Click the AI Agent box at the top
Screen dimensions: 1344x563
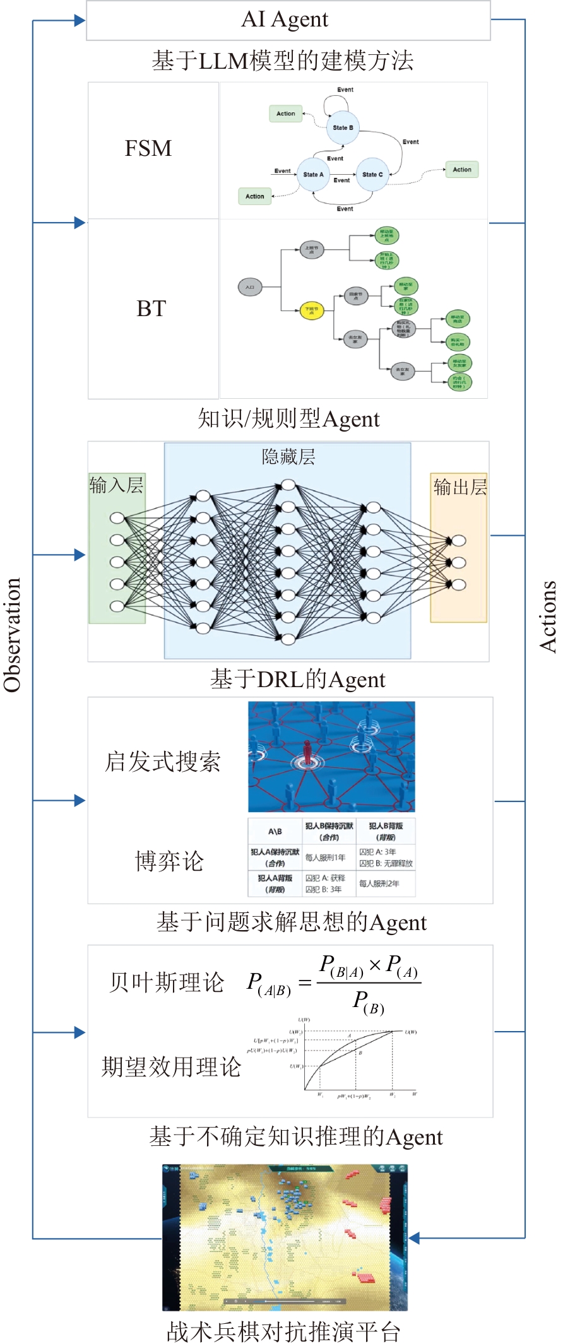pos(288,20)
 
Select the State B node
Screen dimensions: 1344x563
pos(343,127)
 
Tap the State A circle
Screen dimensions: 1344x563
pos(313,174)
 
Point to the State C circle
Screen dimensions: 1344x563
pos(372,174)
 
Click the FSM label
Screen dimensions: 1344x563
pos(148,149)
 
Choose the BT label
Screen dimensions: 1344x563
pos(151,309)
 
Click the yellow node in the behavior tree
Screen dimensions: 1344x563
pos(311,310)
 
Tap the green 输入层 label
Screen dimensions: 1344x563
pos(116,485)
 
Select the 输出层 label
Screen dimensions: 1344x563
pos(459,487)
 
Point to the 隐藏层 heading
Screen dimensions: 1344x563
pos(288,457)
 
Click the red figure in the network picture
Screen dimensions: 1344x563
pos(307,753)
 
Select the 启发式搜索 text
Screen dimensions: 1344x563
pos(163,762)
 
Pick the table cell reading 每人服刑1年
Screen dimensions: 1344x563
pos(325,858)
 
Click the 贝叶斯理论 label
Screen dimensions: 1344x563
pos(167,982)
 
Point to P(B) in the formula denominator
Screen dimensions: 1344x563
pos(369,1002)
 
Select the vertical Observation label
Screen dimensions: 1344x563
pos(13,635)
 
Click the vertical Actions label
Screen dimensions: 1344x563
pos(548,616)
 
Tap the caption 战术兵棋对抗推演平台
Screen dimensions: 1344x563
pos(283,1331)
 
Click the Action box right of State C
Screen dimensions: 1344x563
pos(461,170)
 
